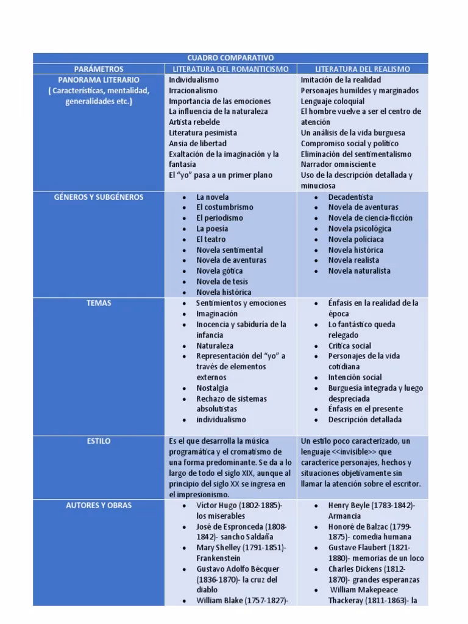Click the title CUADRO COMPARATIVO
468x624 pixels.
click(230, 58)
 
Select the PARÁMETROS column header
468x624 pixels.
click(98, 69)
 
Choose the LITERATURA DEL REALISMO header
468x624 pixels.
click(363, 69)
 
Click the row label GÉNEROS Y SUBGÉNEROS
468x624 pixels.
click(98, 197)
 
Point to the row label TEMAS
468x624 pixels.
click(98, 303)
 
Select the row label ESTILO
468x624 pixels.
click(98, 441)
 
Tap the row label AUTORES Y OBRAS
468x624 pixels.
click(98, 505)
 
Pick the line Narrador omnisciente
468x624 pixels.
click(338, 165)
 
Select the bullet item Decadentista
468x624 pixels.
click(351, 197)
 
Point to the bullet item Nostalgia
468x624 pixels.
click(212, 388)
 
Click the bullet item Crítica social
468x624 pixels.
click(349, 346)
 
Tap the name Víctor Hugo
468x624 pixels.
click(214, 505)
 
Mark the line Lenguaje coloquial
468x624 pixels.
click(332, 101)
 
